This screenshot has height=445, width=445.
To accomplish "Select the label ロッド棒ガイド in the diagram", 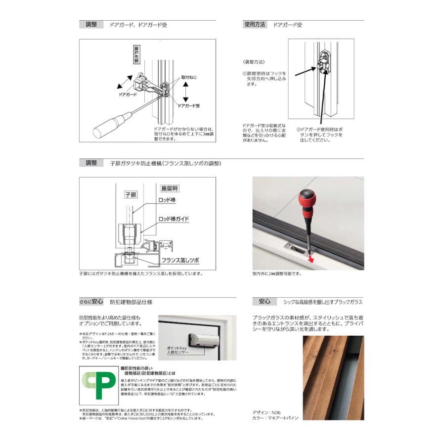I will tap(174, 218).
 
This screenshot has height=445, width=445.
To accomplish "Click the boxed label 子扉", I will tap(130, 195).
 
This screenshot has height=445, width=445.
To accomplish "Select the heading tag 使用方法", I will tap(254, 24).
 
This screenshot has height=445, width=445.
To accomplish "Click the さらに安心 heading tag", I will tap(91, 301).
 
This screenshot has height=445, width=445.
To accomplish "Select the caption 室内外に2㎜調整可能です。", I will tap(277, 273).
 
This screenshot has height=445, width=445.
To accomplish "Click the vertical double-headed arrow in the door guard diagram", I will tap(185, 91).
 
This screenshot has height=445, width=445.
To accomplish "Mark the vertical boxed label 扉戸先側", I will tap(136, 55).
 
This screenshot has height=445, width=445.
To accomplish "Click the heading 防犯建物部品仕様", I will tap(131, 301).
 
